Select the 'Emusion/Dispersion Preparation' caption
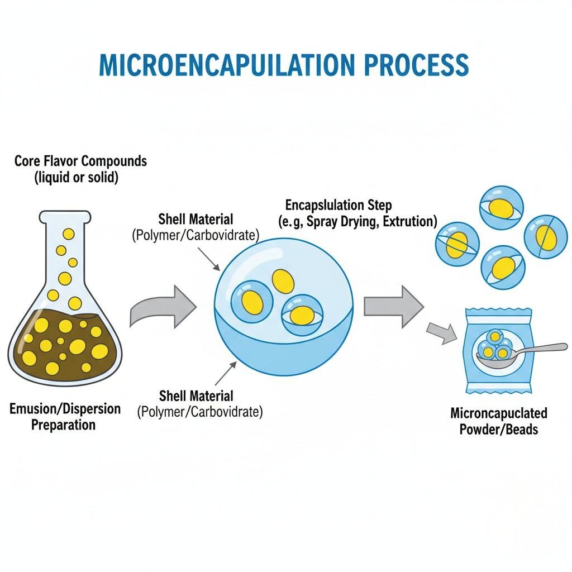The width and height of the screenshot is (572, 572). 65,416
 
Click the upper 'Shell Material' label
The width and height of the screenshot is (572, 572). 196,219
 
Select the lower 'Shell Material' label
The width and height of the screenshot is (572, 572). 196,396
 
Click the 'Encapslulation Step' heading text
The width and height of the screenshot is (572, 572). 339,204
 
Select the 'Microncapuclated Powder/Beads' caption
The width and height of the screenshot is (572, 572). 498,421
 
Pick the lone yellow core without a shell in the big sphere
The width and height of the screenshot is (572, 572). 283,280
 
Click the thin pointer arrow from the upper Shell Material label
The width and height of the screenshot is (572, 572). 210,259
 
